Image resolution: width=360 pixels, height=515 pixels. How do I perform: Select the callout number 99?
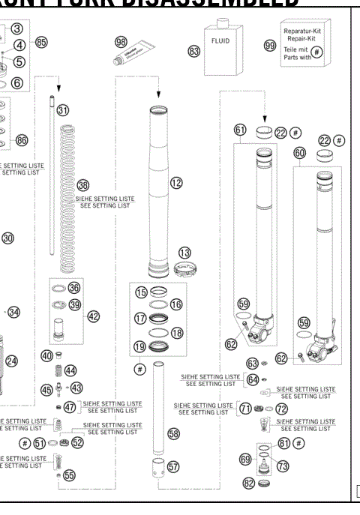click(x=270, y=46)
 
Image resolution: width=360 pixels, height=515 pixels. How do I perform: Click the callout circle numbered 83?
click(x=194, y=51)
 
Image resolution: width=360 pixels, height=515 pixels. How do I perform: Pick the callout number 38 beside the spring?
click(x=82, y=184)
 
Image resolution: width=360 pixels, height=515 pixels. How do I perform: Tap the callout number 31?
click(x=63, y=110)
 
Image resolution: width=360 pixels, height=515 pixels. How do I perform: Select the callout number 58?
click(x=174, y=433)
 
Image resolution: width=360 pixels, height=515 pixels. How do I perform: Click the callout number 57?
click(x=173, y=466)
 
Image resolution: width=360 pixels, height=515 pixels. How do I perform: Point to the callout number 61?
click(x=240, y=130)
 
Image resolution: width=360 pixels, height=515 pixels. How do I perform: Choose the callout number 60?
click(x=300, y=151)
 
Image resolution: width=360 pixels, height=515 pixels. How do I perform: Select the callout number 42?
click(x=94, y=316)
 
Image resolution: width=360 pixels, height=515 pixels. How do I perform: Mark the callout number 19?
click(x=140, y=346)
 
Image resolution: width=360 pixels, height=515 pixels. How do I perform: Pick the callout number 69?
click(x=244, y=458)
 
